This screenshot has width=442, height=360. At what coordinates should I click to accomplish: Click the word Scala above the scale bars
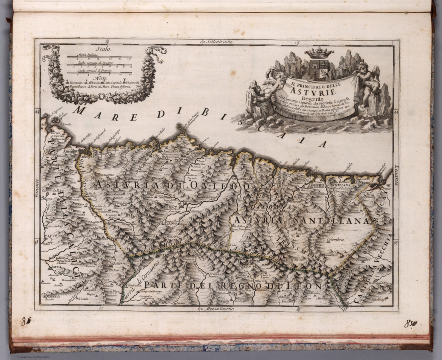point(104,49)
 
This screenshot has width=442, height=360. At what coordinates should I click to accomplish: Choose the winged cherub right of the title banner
point(367,83)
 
